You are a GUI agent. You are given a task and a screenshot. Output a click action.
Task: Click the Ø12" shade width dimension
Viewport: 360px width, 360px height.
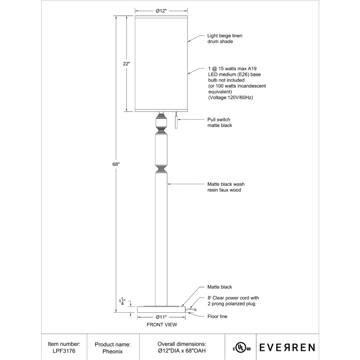pos(161,11)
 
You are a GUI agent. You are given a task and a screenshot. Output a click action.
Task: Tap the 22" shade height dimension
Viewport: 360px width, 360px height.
pos(126,64)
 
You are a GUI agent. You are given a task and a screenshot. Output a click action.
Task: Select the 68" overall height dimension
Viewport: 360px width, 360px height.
pos(115,164)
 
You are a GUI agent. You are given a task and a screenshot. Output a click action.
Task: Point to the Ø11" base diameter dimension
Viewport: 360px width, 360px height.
pos(161,317)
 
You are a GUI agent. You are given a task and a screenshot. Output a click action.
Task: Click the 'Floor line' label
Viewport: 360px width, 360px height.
pos(217,317)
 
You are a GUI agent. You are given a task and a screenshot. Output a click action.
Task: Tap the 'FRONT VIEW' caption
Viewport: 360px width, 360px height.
pos(161,325)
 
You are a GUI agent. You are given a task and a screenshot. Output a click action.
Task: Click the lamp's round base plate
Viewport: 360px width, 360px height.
pos(161,309)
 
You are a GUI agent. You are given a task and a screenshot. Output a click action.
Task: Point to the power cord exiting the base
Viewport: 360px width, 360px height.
pos(191,309)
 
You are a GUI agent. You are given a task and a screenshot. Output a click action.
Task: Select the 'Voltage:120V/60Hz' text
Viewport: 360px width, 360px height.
pos(230,98)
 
